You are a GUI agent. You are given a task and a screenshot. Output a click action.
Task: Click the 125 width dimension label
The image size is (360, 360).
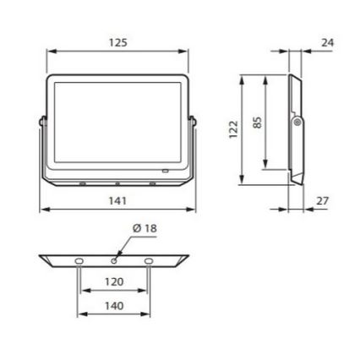point(117,42)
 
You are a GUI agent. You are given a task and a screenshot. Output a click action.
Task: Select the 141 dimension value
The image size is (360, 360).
point(117,200)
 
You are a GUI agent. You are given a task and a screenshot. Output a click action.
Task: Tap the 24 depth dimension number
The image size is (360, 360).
point(329,41)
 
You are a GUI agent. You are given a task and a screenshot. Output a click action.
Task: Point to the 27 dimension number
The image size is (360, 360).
point(321,200)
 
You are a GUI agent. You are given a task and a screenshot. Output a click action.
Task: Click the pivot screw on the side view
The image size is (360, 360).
point(297,123)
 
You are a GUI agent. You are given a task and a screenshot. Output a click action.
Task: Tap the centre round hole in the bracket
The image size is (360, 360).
point(115,259)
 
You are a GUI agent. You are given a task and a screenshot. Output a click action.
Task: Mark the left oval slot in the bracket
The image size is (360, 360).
point(79,261)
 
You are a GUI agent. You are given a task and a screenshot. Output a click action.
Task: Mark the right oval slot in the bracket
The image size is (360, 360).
point(150,261)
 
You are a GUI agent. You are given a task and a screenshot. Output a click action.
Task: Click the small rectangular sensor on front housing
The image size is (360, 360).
point(165,172)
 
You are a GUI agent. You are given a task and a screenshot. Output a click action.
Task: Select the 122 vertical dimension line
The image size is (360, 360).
point(243,131)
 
